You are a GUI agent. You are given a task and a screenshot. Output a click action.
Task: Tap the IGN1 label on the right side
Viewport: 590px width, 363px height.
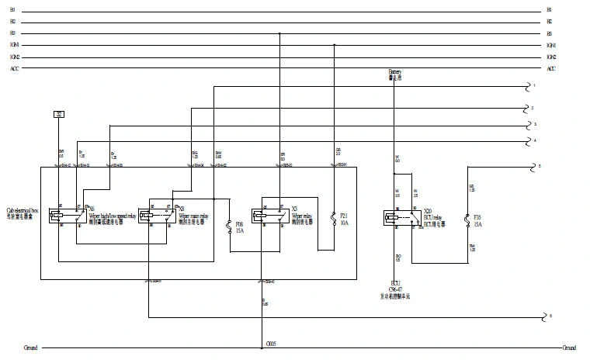551,45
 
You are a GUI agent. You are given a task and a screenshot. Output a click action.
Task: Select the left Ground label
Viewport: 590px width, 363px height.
30,347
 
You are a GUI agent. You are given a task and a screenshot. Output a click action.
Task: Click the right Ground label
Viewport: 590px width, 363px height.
570,347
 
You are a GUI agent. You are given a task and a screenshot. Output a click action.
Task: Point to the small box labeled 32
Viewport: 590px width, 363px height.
59,114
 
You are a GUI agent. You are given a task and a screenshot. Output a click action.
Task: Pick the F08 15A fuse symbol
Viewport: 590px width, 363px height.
229,227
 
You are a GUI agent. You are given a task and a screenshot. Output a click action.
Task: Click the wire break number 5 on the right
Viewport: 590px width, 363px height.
539,167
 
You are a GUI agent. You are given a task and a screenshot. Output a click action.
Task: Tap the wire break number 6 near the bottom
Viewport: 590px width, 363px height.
550,316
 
